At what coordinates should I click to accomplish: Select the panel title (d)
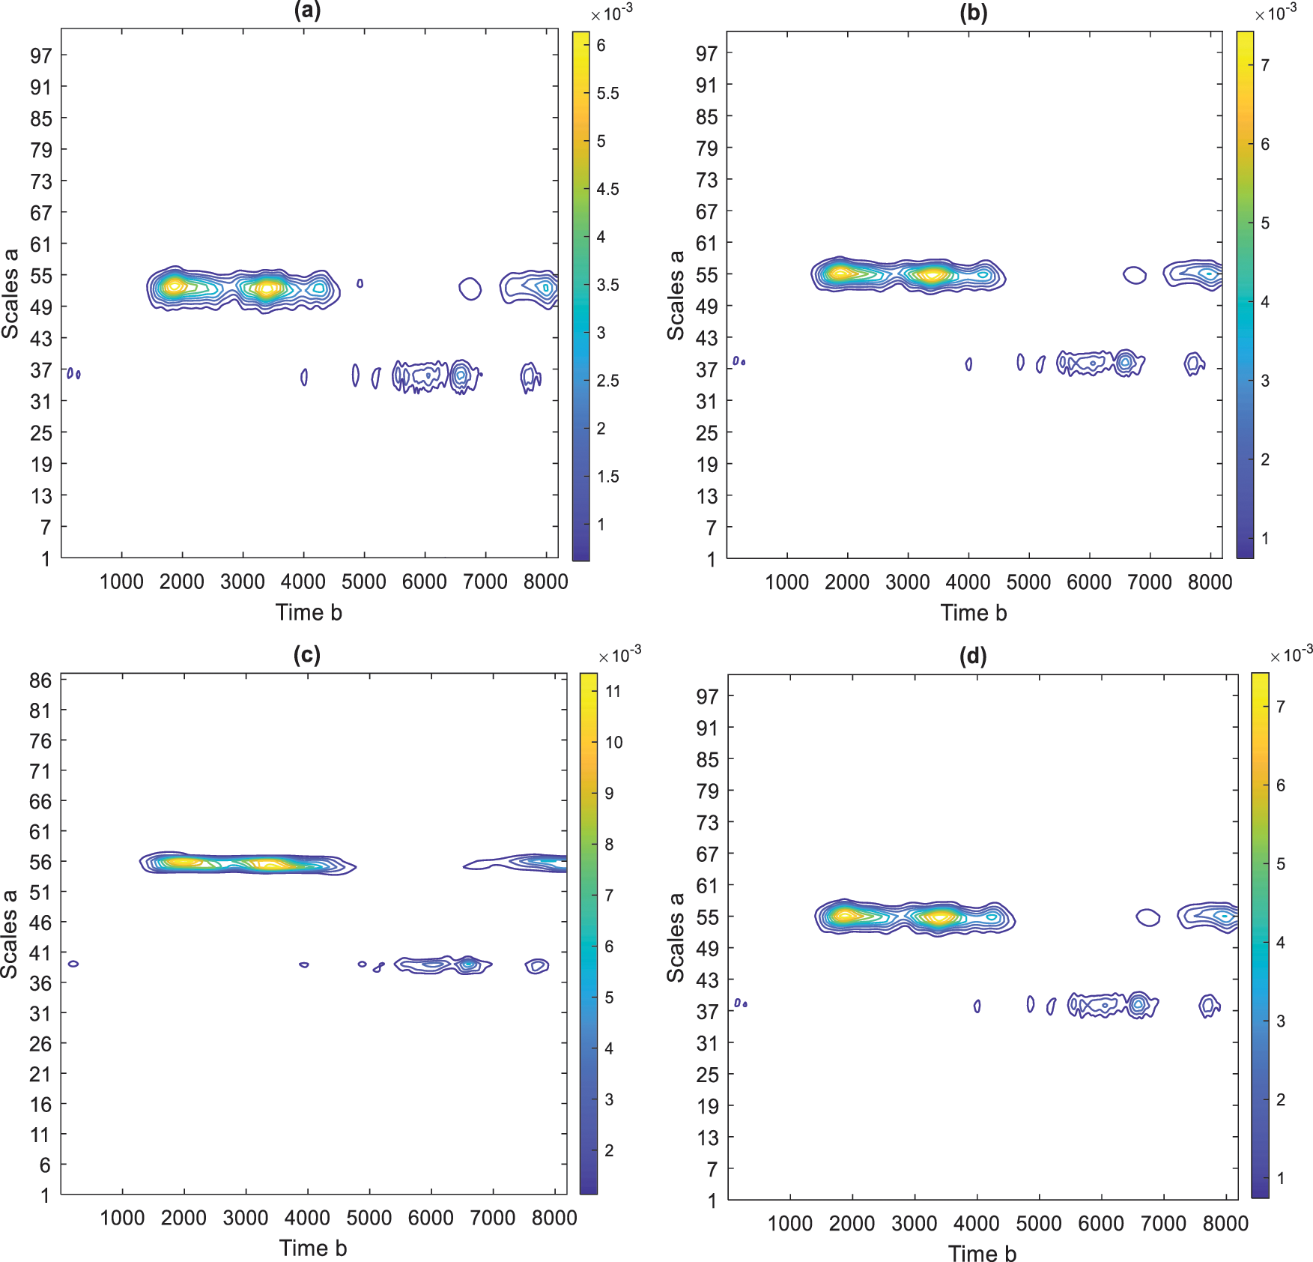tap(973, 656)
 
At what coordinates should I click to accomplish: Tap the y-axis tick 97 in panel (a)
tap(41, 55)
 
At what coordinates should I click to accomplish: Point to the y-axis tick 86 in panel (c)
tap(40, 680)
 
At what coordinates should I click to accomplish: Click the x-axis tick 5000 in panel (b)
tap(1028, 582)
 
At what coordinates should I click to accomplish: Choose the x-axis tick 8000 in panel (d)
tap(1225, 1224)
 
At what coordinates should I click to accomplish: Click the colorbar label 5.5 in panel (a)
tap(607, 94)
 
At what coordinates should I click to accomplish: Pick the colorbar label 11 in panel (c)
tap(613, 691)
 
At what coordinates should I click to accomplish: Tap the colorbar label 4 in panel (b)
tap(1264, 302)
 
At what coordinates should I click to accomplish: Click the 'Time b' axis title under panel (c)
tap(312, 1248)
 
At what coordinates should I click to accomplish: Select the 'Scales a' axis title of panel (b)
tap(676, 295)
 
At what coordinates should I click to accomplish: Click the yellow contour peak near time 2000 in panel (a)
tap(174, 286)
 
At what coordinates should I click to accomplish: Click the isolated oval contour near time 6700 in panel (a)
tap(470, 289)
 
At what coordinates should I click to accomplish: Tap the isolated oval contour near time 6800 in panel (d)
tap(1147, 917)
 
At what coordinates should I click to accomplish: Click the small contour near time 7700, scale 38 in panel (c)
tap(536, 966)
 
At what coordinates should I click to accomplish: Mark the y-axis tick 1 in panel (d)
tap(712, 1201)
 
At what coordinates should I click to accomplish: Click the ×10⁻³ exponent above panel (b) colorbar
tap(1276, 13)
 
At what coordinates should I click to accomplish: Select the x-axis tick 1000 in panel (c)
tap(122, 1218)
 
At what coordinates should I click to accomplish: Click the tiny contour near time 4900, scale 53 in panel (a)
tap(360, 283)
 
